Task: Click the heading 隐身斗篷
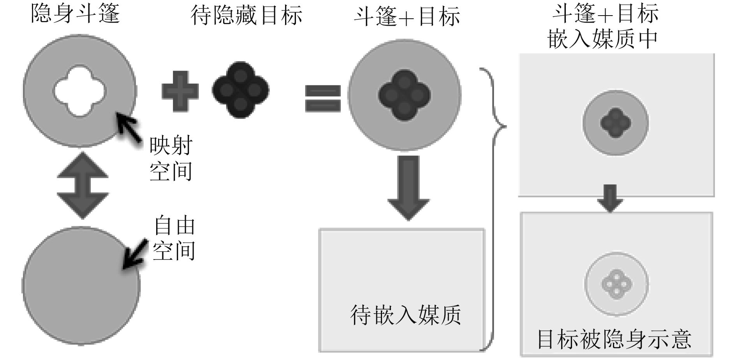(x=75, y=14)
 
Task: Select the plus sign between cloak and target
(x=180, y=91)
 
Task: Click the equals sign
(x=323, y=99)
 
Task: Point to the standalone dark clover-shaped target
(x=241, y=90)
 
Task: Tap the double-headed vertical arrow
(x=83, y=185)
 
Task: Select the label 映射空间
(x=171, y=159)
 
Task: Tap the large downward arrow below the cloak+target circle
(x=408, y=188)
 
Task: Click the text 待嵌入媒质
(x=405, y=315)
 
